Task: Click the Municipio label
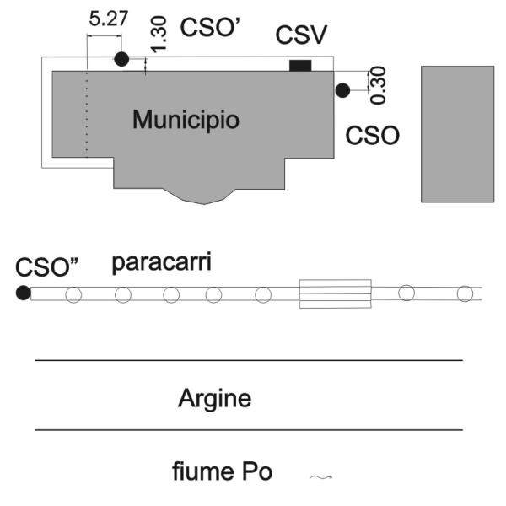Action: click(x=186, y=119)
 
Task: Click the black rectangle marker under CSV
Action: click(x=300, y=66)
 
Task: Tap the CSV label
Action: click(x=302, y=36)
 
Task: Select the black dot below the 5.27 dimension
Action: click(x=121, y=59)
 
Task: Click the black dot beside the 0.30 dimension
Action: click(x=342, y=90)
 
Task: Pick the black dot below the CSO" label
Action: click(x=23, y=293)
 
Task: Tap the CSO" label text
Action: click(x=47, y=267)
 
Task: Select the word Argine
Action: click(x=214, y=398)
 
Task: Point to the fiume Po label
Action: click(x=223, y=471)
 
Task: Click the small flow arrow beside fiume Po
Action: click(x=321, y=477)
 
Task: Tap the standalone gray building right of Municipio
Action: click(x=457, y=133)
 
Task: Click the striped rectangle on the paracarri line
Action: click(x=335, y=293)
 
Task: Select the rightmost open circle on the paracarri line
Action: click(x=464, y=293)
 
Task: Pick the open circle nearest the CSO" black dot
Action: click(x=73, y=294)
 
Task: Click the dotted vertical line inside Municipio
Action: click(x=86, y=114)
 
